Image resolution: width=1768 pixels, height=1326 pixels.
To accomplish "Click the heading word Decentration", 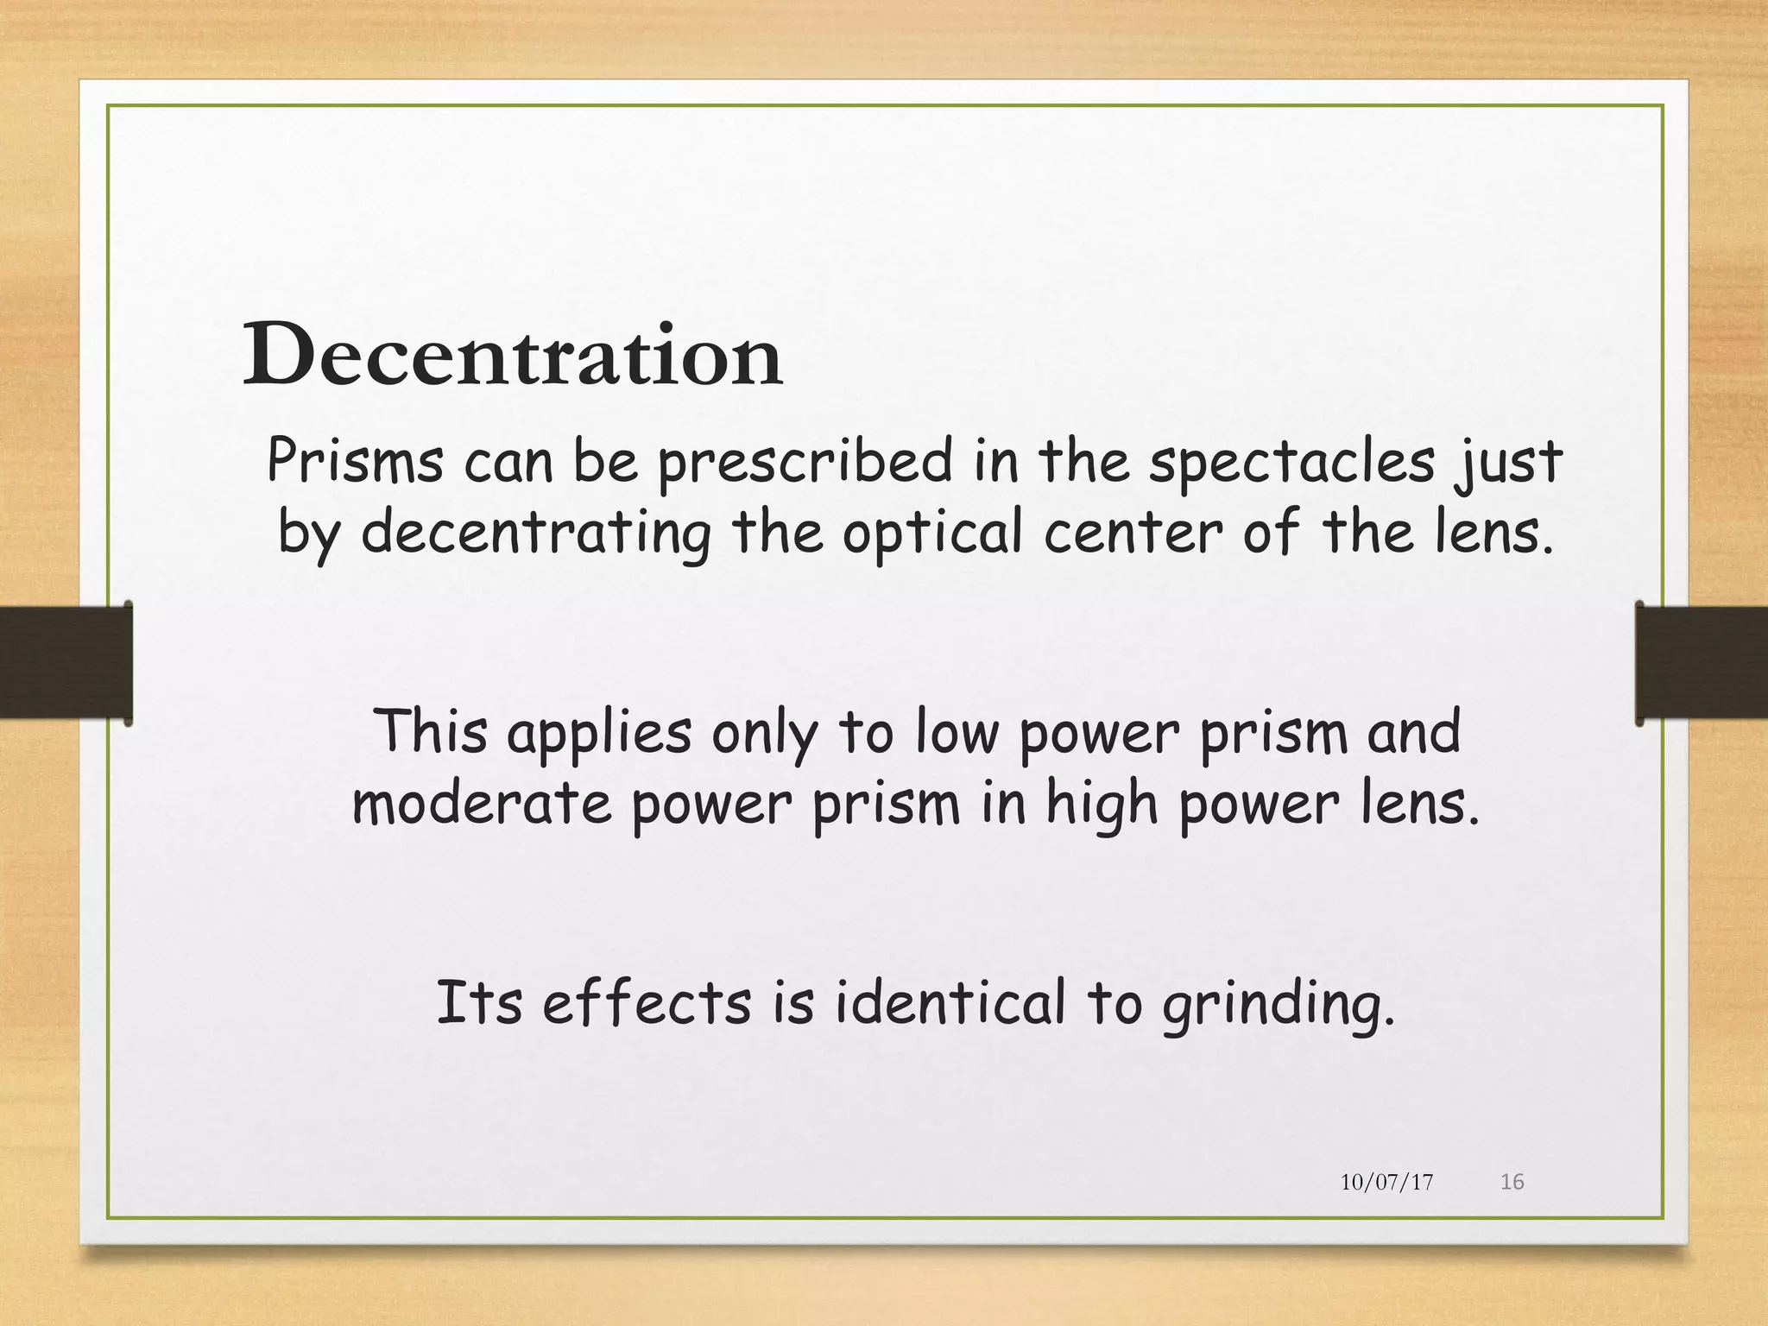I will coord(513,355).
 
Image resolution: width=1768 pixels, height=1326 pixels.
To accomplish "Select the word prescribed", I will coord(805,462).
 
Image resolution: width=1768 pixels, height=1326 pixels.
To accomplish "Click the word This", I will coord(431,730).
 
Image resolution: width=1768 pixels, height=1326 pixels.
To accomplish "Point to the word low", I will coord(957,731).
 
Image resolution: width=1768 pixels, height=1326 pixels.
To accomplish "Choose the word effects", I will coord(647,1002).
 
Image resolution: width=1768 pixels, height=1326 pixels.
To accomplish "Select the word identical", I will coord(950,1002).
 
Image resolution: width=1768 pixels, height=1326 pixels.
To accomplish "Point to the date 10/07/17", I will coord(1386,1182).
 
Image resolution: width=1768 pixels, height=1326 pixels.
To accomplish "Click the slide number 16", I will coord(1512,1182).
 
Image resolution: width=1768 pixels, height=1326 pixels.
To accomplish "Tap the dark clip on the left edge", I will coord(66,662).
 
